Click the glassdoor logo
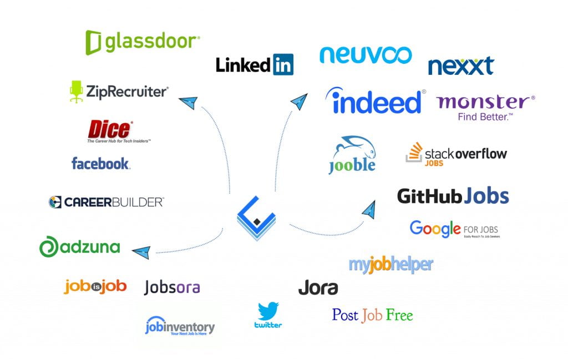pos(142,42)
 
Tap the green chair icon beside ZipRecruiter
pos(76,91)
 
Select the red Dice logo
pos(110,130)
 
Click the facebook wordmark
pos(100,164)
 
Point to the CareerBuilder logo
pos(106,202)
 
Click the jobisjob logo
pos(95,286)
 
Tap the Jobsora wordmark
pos(172,287)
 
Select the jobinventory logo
pos(180,326)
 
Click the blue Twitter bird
pos(268,311)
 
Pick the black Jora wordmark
pos(318,288)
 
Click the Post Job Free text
pos(372,315)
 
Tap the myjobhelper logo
pos(390,265)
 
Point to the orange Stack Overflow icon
pos(414,153)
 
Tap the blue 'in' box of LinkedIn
pos(283,65)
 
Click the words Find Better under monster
pos(485,117)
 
